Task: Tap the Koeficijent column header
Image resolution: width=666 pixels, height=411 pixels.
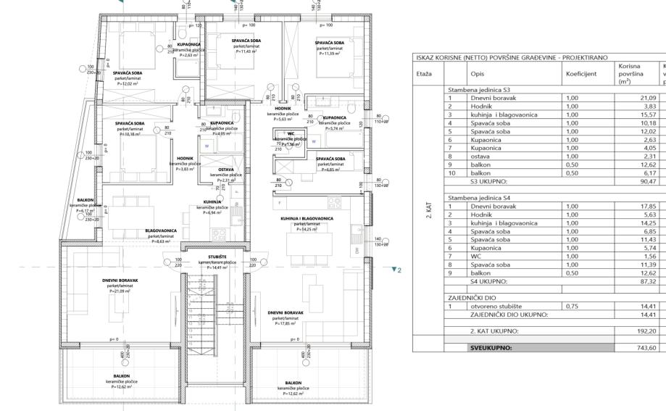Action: pos(581,73)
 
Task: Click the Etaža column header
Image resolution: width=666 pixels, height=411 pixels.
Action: pos(425,73)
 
